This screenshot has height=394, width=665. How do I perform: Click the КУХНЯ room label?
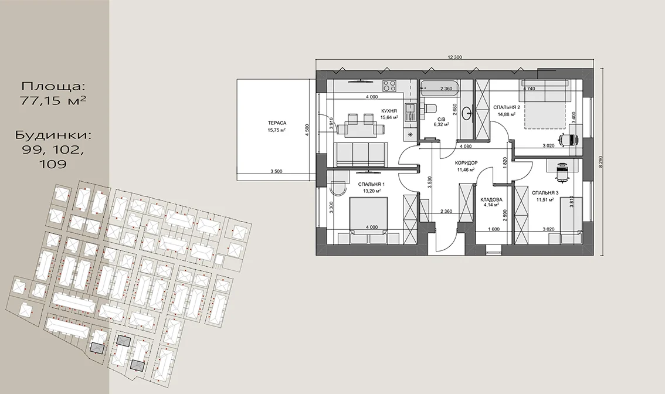coord(389,111)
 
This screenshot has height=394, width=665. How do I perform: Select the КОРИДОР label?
coord(467,163)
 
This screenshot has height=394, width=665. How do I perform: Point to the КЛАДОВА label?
coord(491,199)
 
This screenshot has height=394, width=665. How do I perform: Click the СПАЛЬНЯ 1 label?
coord(371,185)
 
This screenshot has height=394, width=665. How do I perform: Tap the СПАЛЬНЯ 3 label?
coord(545,193)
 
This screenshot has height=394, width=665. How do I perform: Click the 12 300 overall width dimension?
coord(454,57)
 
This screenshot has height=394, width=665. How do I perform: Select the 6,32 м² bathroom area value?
coord(442,125)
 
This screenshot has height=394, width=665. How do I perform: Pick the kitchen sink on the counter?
coord(410,113)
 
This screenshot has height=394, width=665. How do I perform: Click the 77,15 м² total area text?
coord(53,100)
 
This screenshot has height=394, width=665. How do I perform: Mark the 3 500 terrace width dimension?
coord(277,172)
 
